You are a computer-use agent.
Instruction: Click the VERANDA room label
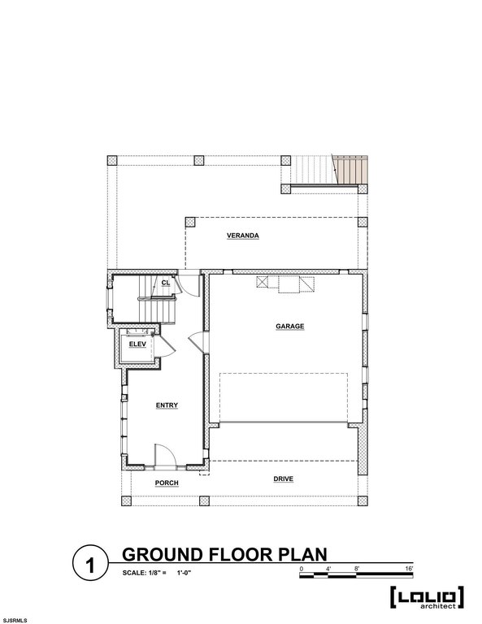click(x=243, y=236)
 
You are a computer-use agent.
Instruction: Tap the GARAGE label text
click(x=289, y=326)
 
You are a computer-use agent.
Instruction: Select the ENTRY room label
click(x=167, y=405)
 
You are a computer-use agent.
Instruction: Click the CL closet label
click(x=165, y=283)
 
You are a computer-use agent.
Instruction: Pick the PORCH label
click(x=167, y=483)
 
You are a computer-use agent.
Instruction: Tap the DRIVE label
click(x=284, y=479)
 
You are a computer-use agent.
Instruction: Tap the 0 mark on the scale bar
click(x=301, y=568)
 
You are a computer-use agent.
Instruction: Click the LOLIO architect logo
click(x=427, y=598)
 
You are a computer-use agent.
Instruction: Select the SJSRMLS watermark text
click(x=15, y=620)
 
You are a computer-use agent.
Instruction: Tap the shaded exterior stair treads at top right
click(x=351, y=171)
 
